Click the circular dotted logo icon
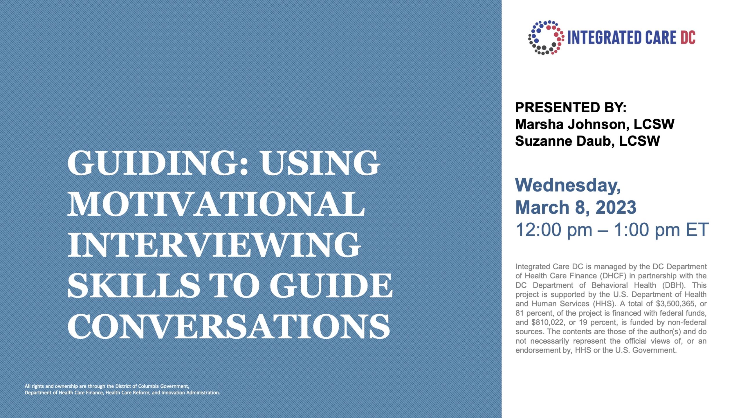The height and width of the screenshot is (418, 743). coord(546,37)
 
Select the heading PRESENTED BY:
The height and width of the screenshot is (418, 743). coord(571,107)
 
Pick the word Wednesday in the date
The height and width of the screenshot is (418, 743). coord(568,185)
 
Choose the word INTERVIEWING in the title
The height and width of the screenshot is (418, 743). coord(214,244)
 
